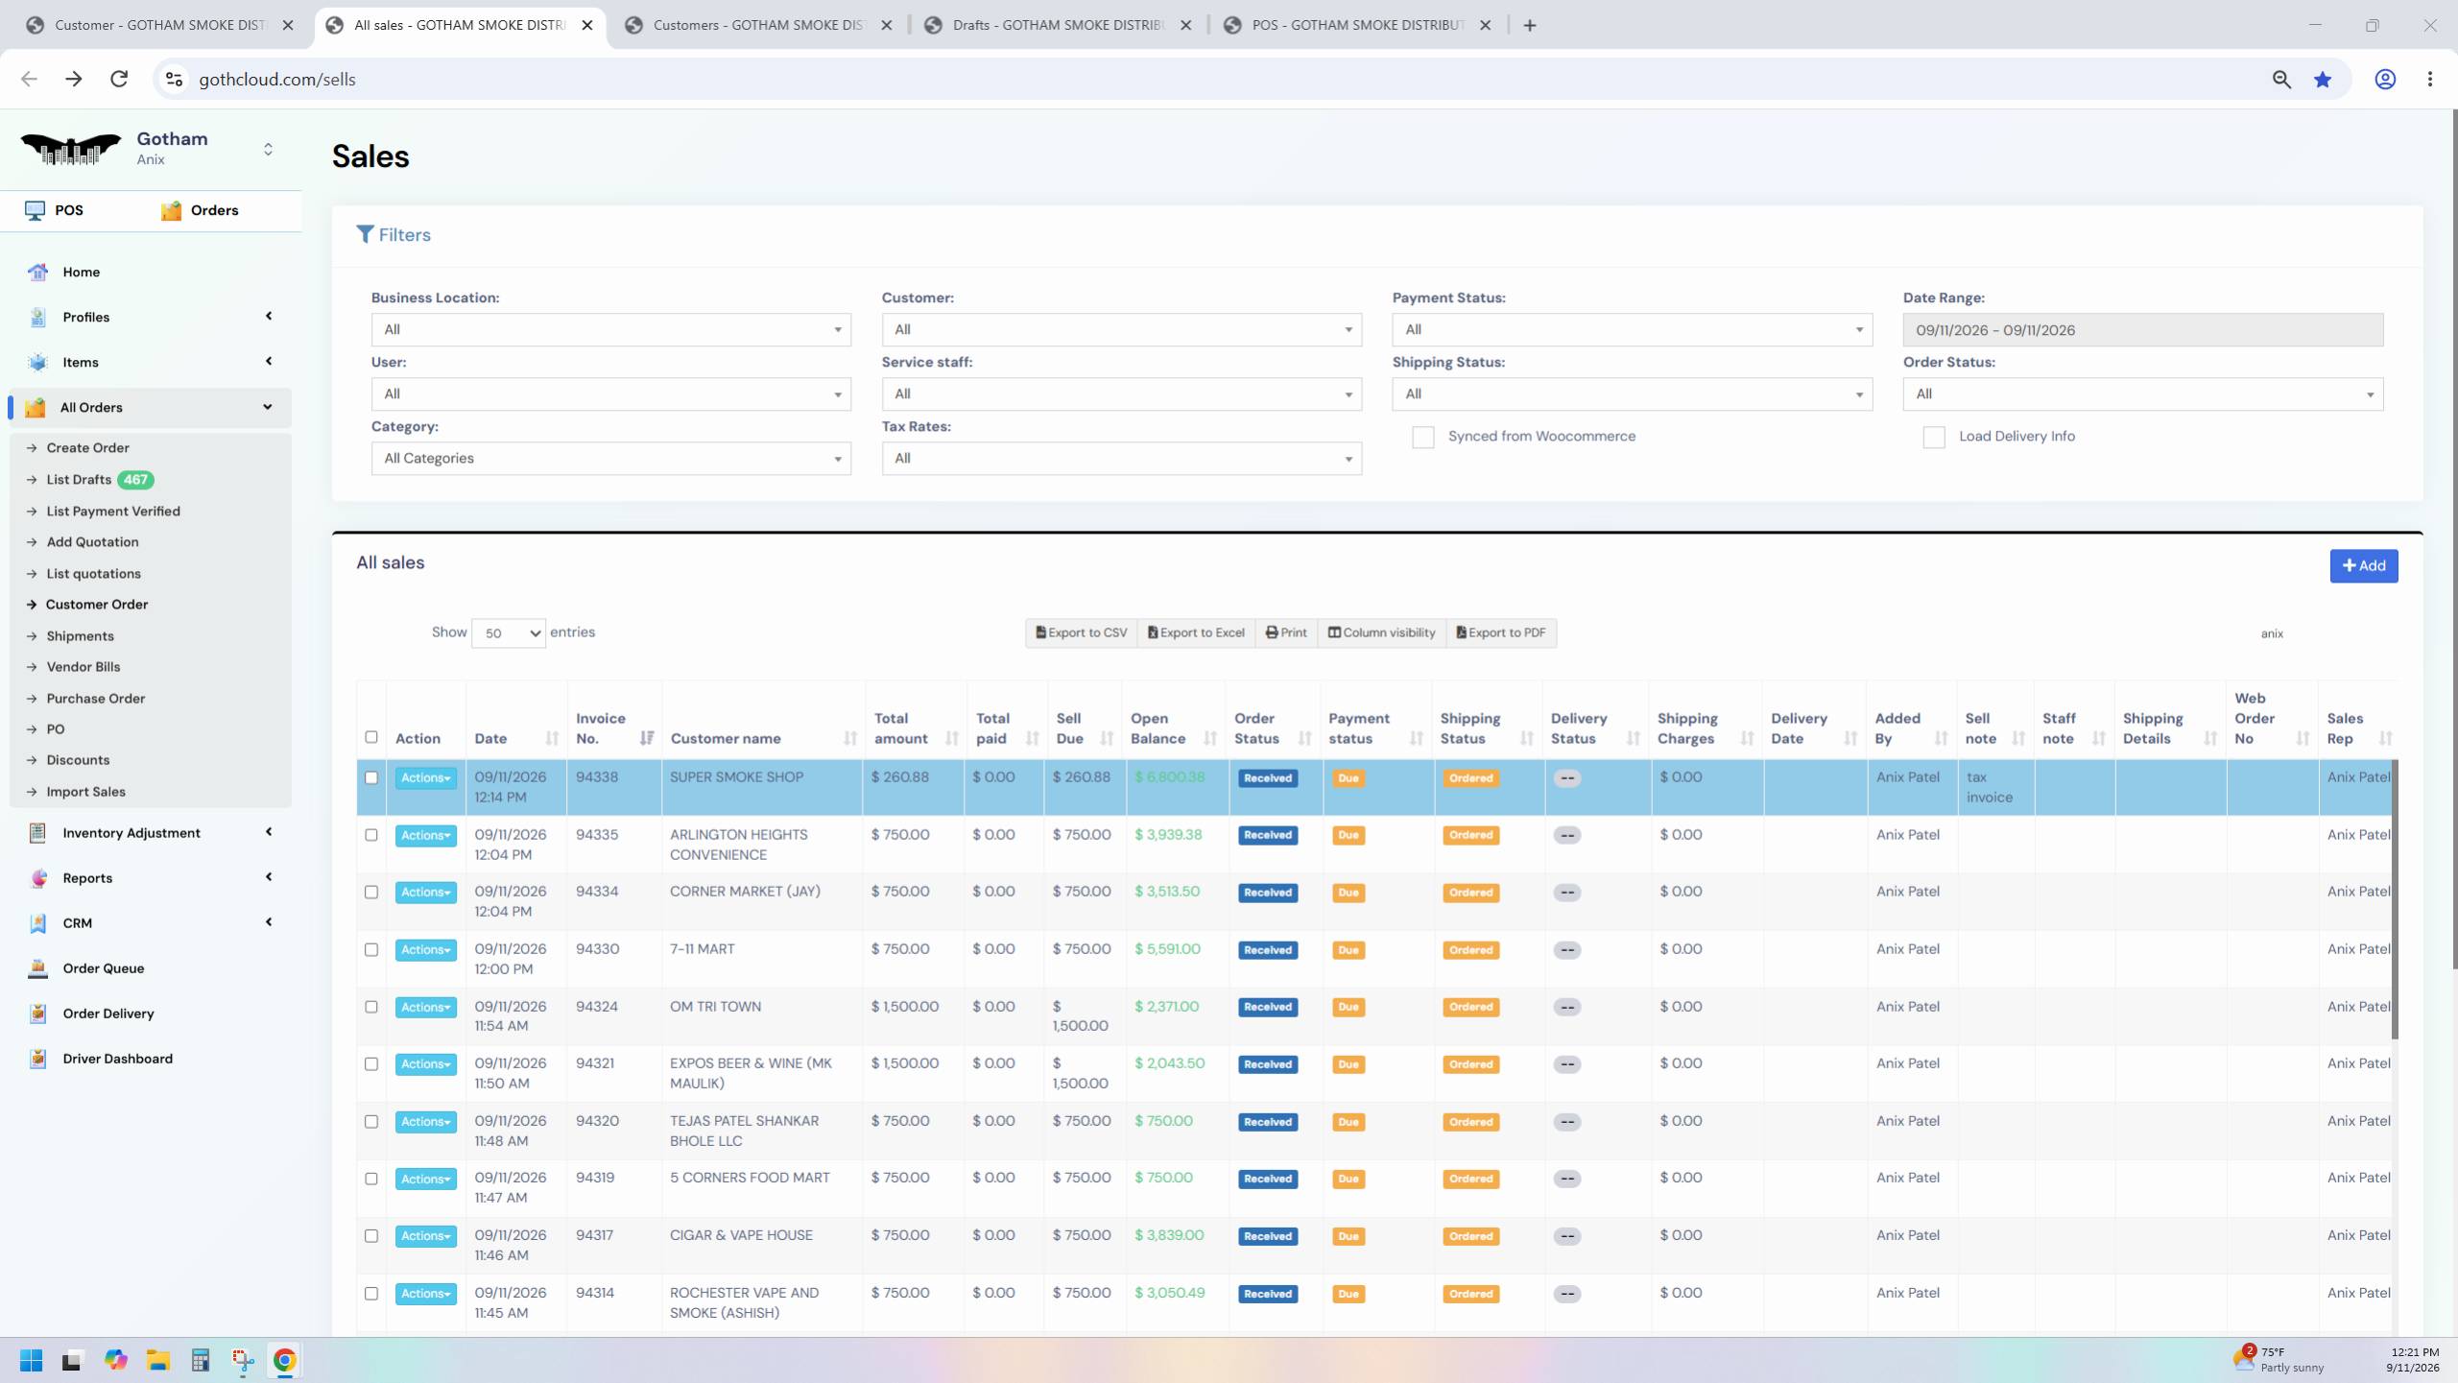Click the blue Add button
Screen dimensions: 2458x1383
2363,565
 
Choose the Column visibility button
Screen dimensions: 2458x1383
1381,632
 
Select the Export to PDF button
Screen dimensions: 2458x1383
1501,632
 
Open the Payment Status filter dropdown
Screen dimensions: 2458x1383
1632,329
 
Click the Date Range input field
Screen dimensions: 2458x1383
2142,329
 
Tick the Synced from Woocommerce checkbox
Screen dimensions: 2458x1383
1422,438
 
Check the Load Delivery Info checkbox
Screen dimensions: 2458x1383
1933,438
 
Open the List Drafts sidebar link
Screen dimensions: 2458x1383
79,479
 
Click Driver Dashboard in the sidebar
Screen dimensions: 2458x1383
117,1059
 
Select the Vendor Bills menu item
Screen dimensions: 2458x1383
84,667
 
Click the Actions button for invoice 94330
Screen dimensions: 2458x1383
425,950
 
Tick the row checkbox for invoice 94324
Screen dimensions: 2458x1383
371,1007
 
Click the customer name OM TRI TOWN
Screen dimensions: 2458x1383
715,1007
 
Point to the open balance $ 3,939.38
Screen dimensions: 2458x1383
1168,835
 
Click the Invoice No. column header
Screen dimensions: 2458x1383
601,728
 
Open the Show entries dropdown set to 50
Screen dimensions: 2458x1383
508,633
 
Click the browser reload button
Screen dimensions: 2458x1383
119,79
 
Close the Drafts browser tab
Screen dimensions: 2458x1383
1186,25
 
